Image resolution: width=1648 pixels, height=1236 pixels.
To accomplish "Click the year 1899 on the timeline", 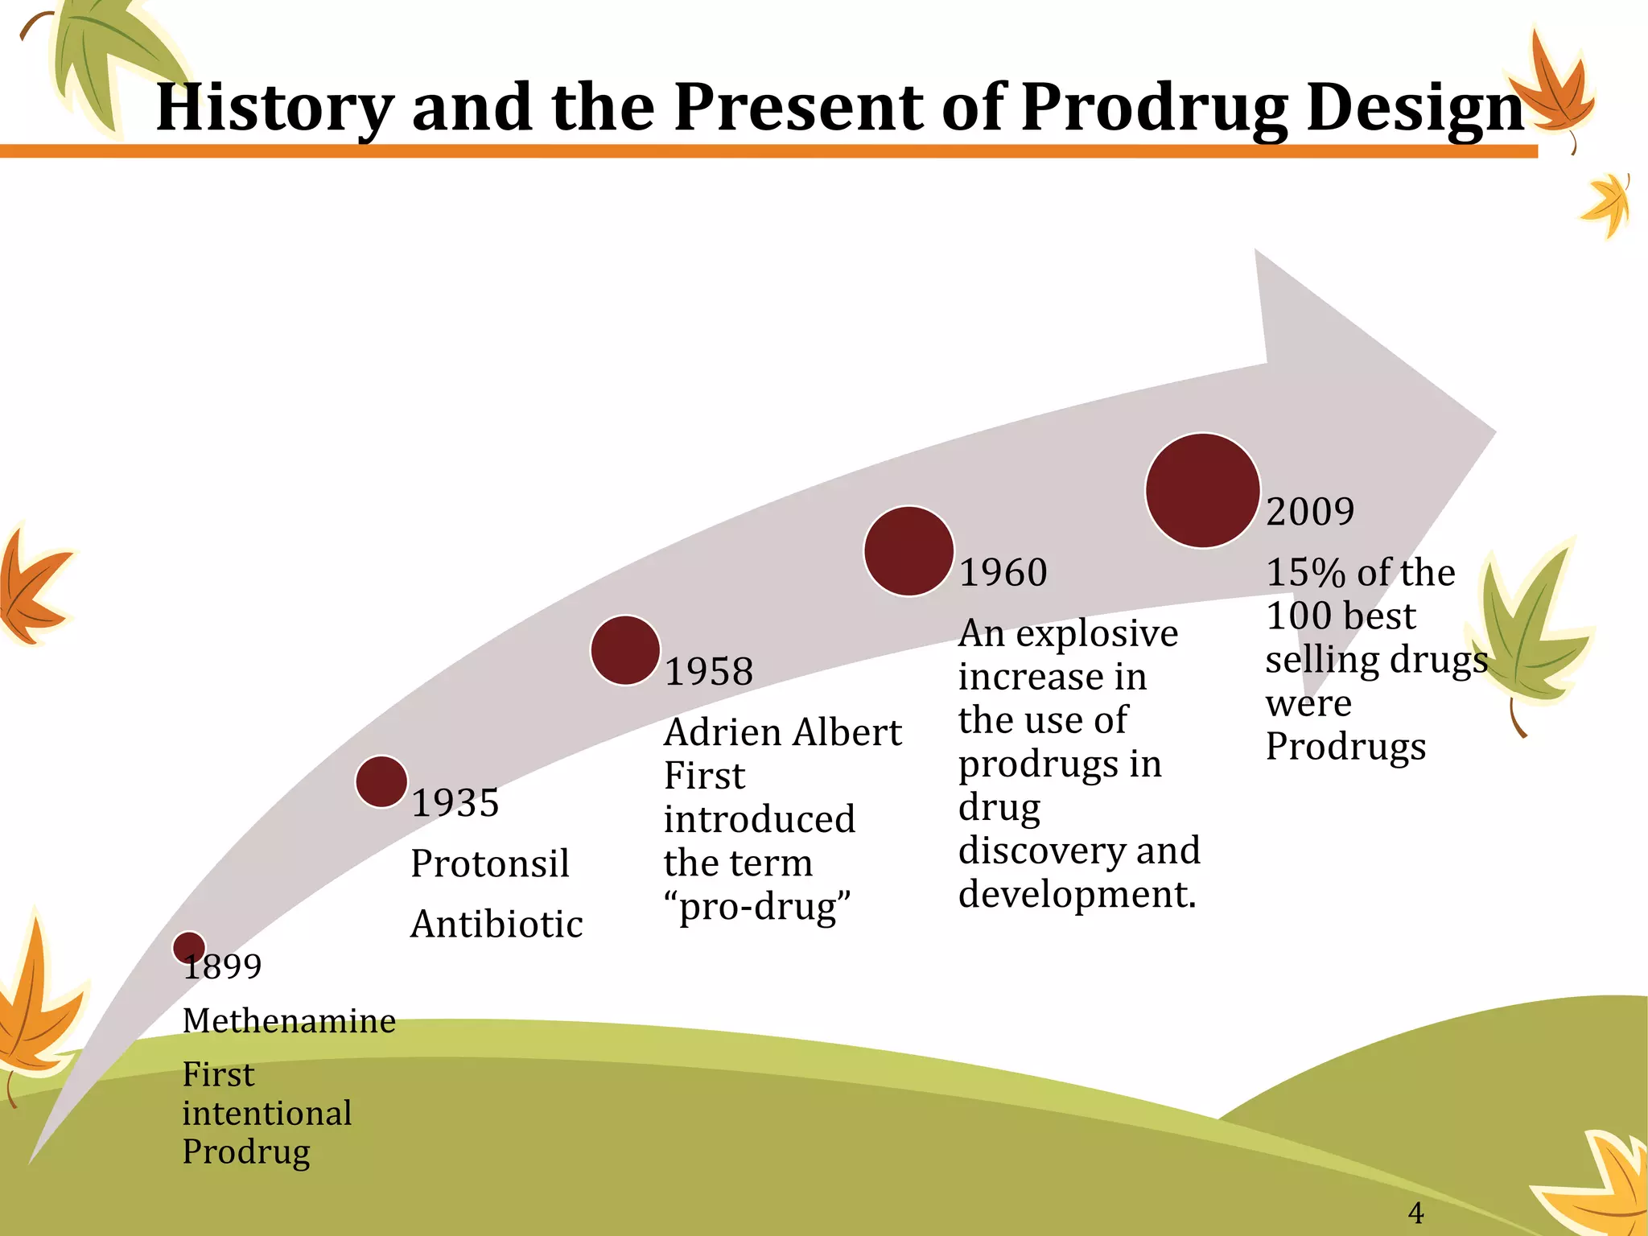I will point(223,966).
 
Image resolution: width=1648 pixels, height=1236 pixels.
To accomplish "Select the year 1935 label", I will point(455,802).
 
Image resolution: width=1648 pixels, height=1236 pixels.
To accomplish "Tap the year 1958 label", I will point(709,671).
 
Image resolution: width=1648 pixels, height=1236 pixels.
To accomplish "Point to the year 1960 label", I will point(1003,572).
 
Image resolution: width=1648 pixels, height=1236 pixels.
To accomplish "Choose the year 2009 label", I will point(1310,512).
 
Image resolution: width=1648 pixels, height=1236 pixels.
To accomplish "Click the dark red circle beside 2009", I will point(1202,491).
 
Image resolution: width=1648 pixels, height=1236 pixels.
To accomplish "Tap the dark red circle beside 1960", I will point(908,551).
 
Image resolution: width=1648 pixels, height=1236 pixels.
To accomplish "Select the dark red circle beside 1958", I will point(625,650).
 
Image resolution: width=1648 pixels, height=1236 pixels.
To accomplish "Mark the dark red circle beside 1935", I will point(381,781).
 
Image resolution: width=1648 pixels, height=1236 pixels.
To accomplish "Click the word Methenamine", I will point(289,1021).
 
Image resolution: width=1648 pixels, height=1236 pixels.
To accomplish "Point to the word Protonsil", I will point(490,863).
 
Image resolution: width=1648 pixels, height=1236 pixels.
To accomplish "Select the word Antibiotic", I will point(496,924).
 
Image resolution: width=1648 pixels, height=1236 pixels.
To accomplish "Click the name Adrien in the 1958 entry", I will point(723,732).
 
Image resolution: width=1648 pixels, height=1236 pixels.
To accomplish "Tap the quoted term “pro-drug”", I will point(757,907).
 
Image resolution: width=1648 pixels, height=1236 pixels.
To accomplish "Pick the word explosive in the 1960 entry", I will point(1097,634).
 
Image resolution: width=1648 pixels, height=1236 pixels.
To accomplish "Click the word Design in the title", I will point(1415,108).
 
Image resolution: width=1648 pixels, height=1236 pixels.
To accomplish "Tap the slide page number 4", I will point(1416,1212).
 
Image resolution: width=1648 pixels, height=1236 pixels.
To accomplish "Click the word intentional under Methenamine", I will point(267,1114).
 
